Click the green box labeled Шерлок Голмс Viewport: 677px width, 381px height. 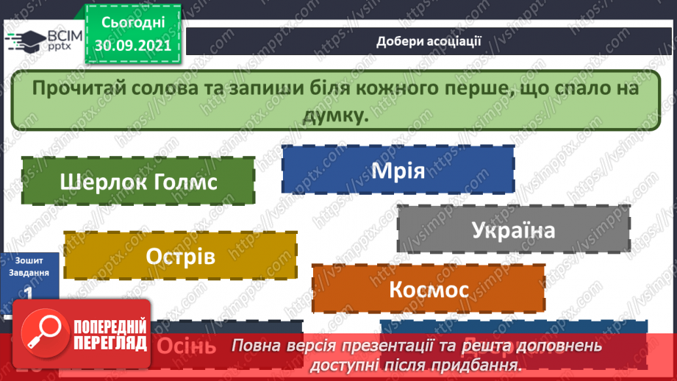tap(138, 181)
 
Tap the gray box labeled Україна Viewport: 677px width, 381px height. tap(513, 230)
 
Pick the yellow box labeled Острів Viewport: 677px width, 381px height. tap(180, 257)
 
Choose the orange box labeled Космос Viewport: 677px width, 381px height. tap(429, 289)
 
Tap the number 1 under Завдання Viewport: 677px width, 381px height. tap(27, 293)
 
